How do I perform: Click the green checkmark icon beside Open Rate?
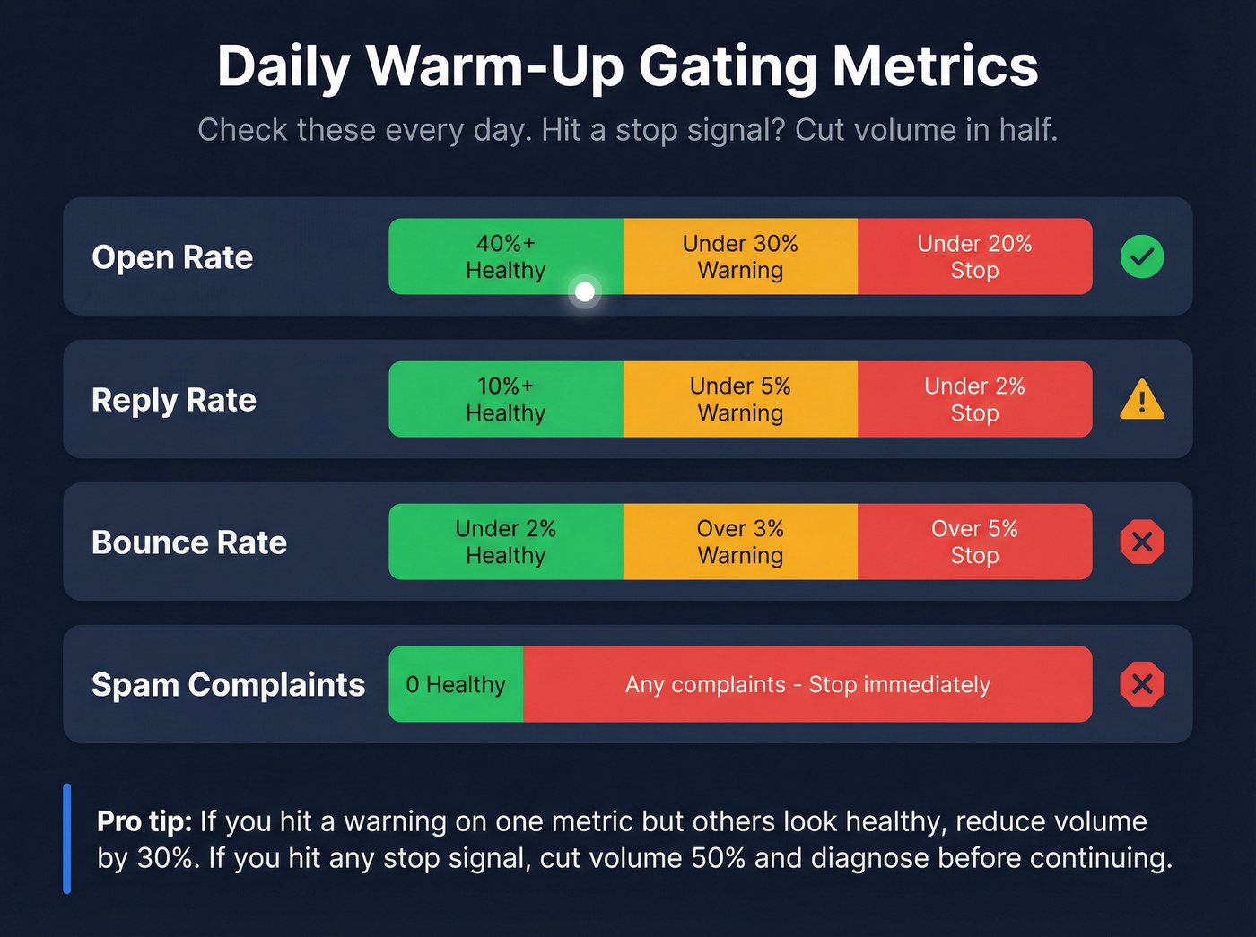(1142, 257)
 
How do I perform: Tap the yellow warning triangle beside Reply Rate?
(1142, 401)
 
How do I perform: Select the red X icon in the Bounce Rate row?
(1142, 542)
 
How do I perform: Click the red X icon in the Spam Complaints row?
(1142, 684)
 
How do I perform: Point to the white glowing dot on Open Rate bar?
(585, 291)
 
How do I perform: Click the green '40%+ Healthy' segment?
(505, 256)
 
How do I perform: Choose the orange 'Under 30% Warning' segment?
(740, 256)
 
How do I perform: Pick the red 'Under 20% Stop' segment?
(974, 256)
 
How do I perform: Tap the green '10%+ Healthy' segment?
(505, 399)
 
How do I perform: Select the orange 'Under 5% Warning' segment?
(740, 399)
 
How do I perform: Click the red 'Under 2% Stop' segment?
(974, 399)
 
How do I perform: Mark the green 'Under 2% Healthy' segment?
(505, 542)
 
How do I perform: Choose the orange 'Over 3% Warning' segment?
(740, 542)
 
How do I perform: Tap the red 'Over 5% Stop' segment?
(974, 542)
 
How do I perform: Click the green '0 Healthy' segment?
(456, 684)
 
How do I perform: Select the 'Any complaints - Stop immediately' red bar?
(807, 684)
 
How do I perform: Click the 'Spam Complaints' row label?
(228, 685)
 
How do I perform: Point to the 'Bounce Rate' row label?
(189, 542)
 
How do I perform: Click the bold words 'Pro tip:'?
(144, 821)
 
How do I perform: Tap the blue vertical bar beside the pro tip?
(67, 838)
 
